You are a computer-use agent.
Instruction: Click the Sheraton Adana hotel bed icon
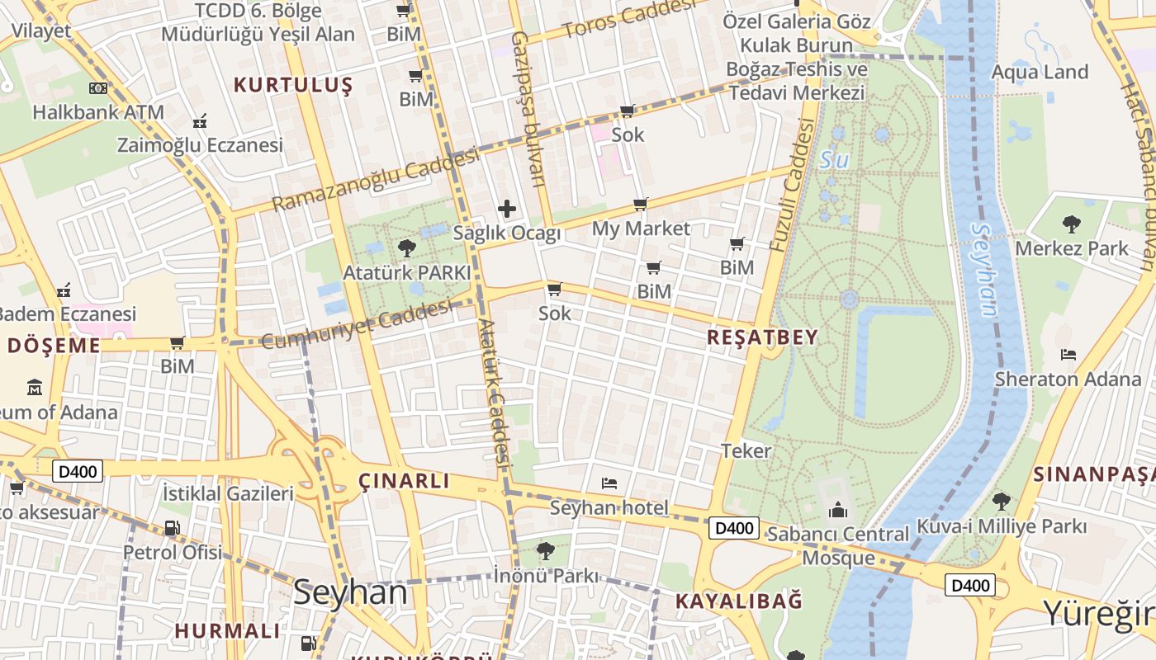pyautogui.click(x=1068, y=355)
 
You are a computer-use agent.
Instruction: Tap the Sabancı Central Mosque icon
pyautogui.click(x=838, y=511)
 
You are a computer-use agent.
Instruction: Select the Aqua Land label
pyautogui.click(x=1040, y=72)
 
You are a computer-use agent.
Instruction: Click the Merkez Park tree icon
pyautogui.click(x=1072, y=223)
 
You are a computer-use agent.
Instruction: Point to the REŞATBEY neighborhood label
pyautogui.click(x=763, y=337)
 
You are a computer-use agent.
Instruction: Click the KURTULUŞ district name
pyautogui.click(x=293, y=85)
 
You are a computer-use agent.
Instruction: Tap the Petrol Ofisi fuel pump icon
pyautogui.click(x=172, y=528)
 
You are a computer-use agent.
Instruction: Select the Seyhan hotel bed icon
pyautogui.click(x=609, y=483)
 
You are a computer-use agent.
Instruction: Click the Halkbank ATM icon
pyautogui.click(x=98, y=88)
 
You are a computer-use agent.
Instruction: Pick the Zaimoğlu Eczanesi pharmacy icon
pyautogui.click(x=199, y=122)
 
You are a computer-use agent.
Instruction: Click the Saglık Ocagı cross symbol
pyautogui.click(x=507, y=210)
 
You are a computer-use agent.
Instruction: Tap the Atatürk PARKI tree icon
pyautogui.click(x=406, y=247)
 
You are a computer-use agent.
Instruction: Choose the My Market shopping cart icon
pyautogui.click(x=641, y=204)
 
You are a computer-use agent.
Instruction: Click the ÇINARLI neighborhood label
pyautogui.click(x=405, y=481)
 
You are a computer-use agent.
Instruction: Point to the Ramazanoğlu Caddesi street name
pyautogui.click(x=376, y=179)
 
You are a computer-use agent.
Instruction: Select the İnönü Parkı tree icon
pyautogui.click(x=545, y=550)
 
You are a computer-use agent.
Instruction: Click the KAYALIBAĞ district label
pyautogui.click(x=739, y=601)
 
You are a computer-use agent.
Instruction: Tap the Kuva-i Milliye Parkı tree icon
pyautogui.click(x=1001, y=501)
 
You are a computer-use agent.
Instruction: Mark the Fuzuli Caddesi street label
pyautogui.click(x=791, y=186)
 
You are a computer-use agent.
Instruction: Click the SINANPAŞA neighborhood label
pyautogui.click(x=1093, y=474)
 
